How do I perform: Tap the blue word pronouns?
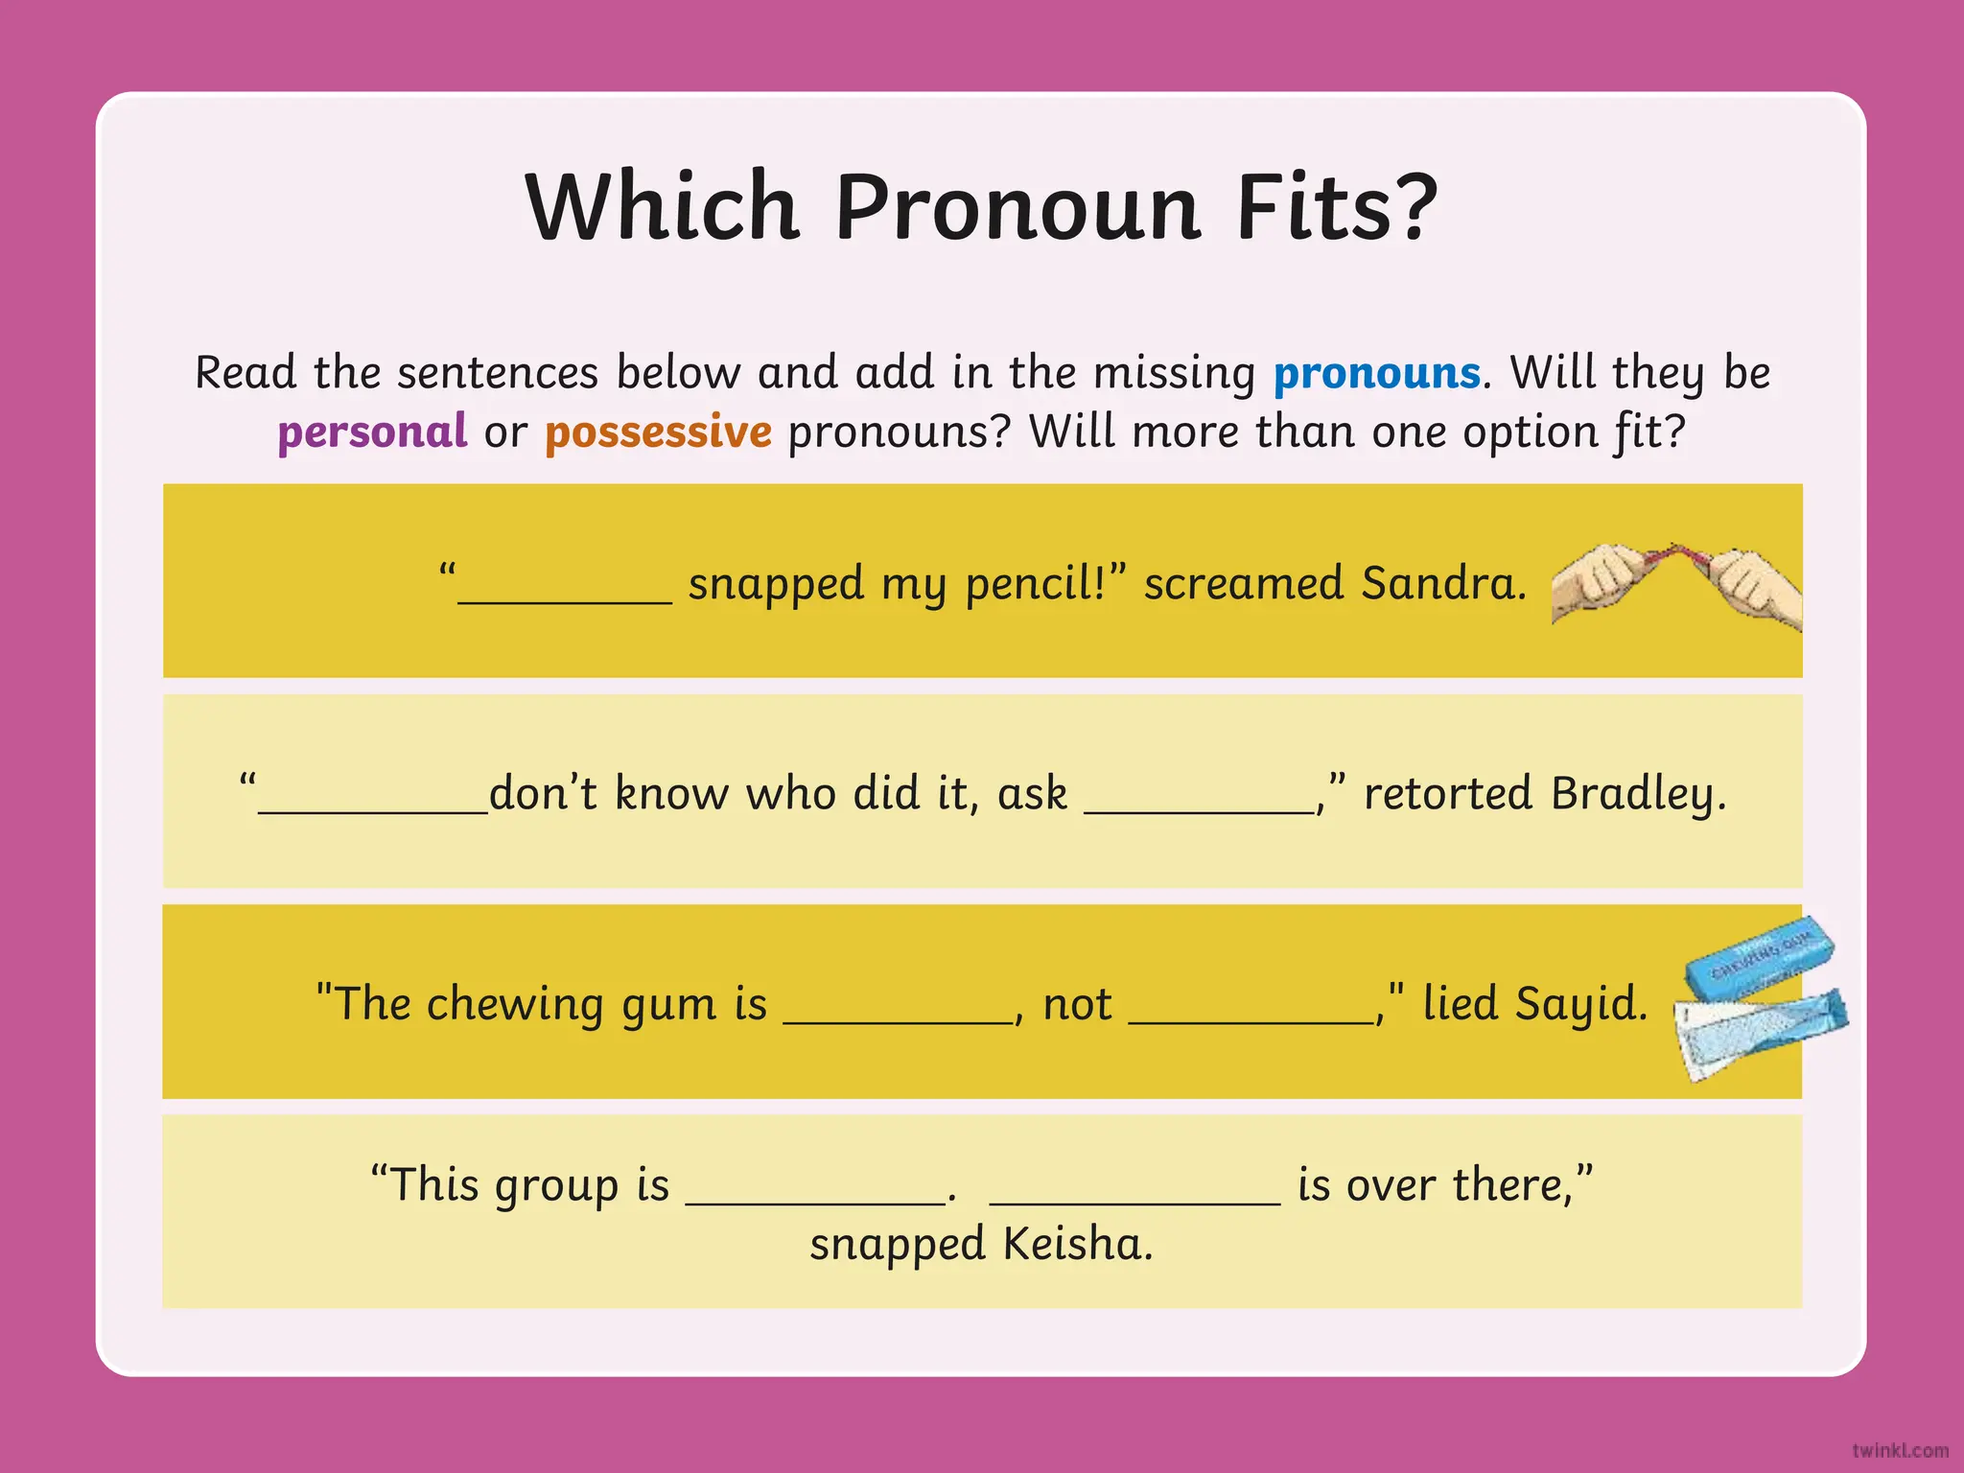pos(1376,373)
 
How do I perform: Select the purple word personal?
pos(372,432)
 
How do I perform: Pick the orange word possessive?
pos(658,432)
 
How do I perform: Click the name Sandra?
pos(1442,583)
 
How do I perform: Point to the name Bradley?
pos(1638,794)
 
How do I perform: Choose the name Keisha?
pos(1077,1244)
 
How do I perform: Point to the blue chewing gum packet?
pos(1760,956)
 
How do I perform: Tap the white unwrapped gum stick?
pos(1726,1040)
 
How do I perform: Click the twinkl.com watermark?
pos(1900,1451)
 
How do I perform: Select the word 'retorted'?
pos(1447,794)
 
